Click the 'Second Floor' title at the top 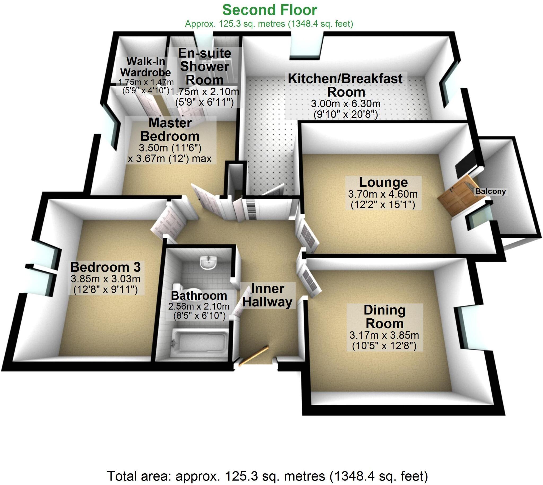click(269, 10)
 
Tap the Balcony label click(491, 191)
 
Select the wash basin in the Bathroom click(208, 262)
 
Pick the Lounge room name click(383, 182)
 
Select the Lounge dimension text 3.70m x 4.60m click(383, 194)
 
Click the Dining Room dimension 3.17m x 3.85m click(384, 335)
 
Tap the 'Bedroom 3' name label click(105, 267)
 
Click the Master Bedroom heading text click(170, 129)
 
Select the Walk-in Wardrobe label click(146, 67)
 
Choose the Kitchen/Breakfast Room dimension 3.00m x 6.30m click(345, 103)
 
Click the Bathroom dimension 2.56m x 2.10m click(199, 306)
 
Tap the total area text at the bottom click(267, 476)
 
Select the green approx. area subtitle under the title click(269, 24)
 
